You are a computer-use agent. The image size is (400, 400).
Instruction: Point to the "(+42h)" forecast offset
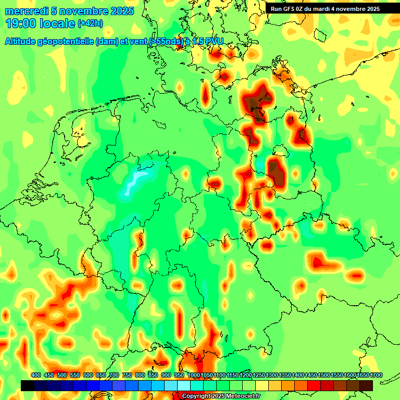pyautogui.click(x=91, y=23)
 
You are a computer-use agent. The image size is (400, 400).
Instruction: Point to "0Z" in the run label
pyautogui.click(x=306, y=9)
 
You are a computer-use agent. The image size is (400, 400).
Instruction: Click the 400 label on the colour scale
pyautogui.click(x=36, y=376)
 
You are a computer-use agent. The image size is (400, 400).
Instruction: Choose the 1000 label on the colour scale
pyautogui.click(x=193, y=376)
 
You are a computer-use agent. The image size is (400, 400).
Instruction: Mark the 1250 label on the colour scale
pyautogui.click(x=259, y=376)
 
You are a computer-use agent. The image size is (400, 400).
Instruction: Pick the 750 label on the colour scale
pyautogui.click(x=127, y=376)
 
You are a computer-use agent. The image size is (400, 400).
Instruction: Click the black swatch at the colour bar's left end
pyautogui.click(x=27, y=385)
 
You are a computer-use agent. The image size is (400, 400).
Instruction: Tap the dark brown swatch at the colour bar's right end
pyautogui.click(x=366, y=385)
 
